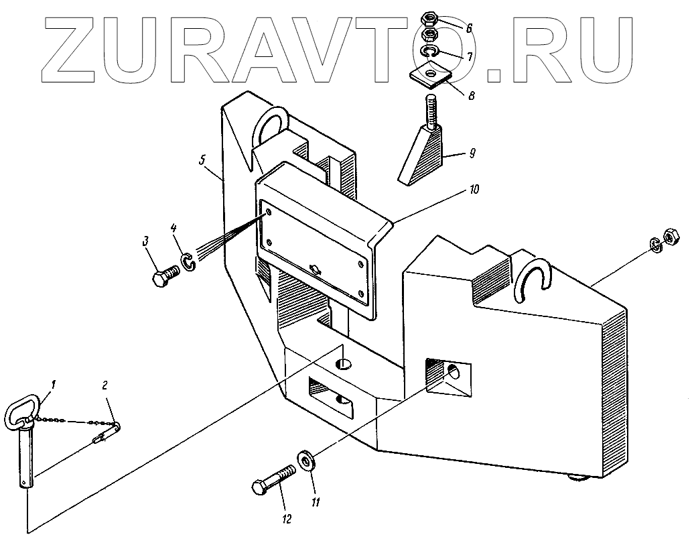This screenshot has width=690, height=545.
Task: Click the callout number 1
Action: click(54, 385)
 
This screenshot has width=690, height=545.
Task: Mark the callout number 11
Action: click(314, 501)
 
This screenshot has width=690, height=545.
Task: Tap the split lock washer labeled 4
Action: click(190, 261)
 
